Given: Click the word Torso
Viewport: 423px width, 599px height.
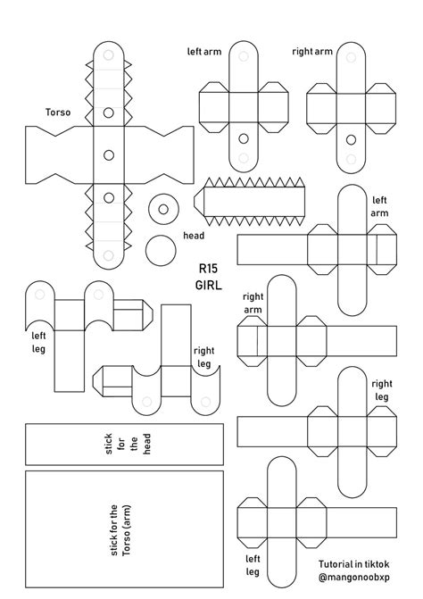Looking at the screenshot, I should tap(58, 113).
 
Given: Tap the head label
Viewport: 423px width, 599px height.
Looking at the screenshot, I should tap(194, 236).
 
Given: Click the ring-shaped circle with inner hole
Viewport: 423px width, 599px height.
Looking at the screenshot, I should tap(163, 209).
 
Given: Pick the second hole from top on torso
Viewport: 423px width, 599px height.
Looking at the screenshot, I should tap(108, 112).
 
